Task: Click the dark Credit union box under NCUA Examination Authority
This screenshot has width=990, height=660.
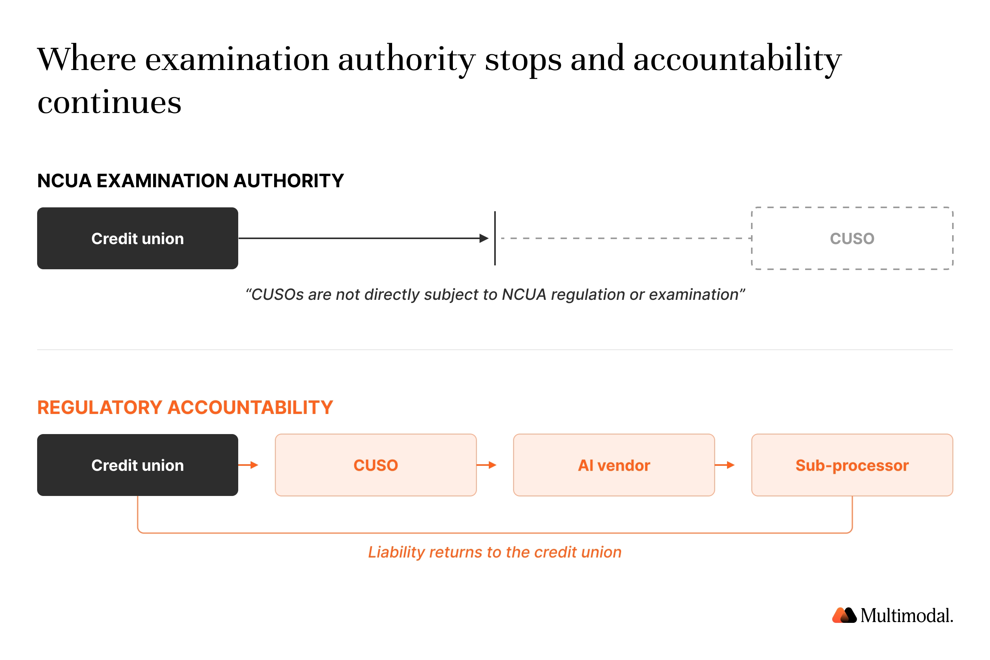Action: coord(138,238)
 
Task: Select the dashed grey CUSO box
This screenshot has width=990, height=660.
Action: coord(852,238)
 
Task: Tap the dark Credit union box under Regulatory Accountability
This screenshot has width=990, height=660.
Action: coord(138,465)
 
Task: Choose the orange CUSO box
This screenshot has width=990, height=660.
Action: coord(376,465)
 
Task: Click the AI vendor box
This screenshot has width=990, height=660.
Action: coord(614,465)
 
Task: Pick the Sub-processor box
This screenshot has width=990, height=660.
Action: coord(852,465)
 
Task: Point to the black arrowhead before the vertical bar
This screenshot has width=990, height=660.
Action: coord(484,238)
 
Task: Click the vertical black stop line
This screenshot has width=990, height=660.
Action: coord(495,238)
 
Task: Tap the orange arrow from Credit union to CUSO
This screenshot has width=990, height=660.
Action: coord(248,465)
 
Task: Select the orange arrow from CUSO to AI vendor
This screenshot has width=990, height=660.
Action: coord(486,465)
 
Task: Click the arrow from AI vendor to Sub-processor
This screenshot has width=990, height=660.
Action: coord(724,465)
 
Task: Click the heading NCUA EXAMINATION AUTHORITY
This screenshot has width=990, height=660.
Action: coord(191,181)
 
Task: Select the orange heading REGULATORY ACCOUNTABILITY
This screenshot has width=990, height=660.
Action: coord(185,407)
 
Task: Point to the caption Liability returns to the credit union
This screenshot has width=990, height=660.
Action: coord(495,552)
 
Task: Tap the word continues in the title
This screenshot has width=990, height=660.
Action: coord(109,102)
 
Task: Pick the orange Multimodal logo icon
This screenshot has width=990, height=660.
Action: coord(844,615)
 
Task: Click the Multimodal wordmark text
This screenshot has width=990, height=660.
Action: coord(907,616)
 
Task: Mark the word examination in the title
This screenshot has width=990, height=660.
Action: coord(237,59)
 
